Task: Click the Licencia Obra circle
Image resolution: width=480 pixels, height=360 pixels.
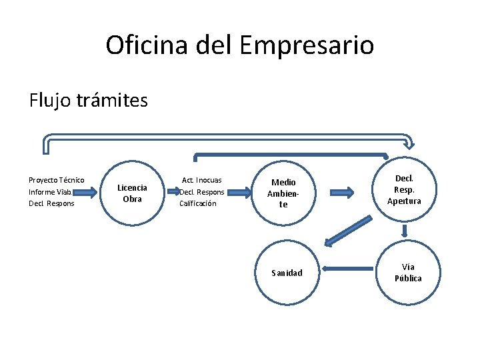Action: coord(132,193)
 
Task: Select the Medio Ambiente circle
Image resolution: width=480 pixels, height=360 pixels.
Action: coord(283,193)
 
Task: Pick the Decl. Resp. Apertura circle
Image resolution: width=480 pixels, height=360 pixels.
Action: coord(404,190)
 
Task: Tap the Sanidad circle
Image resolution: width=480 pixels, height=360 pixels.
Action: coord(287,272)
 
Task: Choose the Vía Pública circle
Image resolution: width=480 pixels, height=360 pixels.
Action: coord(407,272)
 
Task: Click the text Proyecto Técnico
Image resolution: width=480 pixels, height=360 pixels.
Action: coord(56,180)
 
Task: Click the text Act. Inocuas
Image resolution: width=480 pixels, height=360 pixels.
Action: coord(202,180)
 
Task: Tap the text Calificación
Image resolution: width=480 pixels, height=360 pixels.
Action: coord(198,203)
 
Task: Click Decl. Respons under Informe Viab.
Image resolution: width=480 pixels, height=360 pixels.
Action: coord(51,203)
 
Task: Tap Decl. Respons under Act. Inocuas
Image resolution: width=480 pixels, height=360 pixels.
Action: coord(202,192)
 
